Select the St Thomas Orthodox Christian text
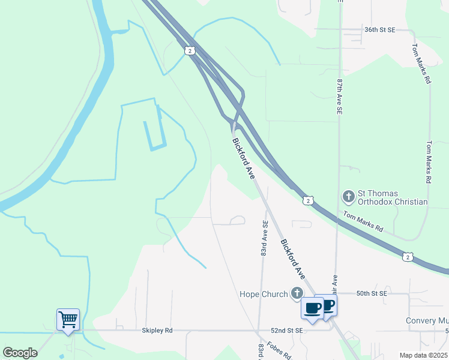point(393,197)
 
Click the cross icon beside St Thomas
point(348,196)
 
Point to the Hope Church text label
point(264,294)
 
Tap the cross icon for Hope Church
point(296,293)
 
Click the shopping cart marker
point(67,319)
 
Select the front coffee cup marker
point(312,308)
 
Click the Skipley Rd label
point(157,331)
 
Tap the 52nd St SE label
point(286,331)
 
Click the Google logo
point(20,352)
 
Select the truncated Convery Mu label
point(427,321)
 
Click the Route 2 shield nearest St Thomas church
point(308,200)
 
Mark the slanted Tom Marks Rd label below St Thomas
point(363,221)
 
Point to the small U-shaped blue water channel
point(155,136)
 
